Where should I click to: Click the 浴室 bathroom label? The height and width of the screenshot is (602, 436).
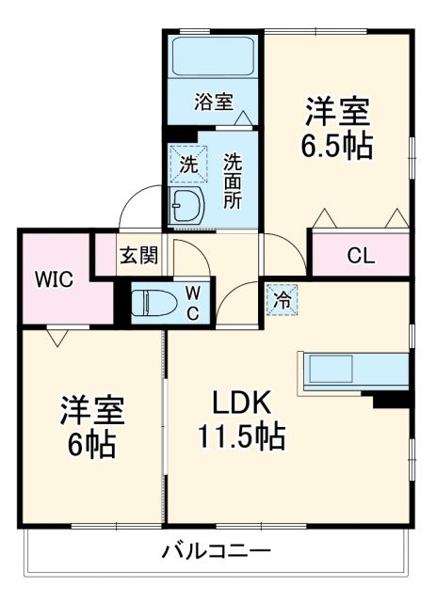click(214, 102)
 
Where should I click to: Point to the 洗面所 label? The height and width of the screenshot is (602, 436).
click(233, 180)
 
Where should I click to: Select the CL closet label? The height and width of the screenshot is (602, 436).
click(359, 254)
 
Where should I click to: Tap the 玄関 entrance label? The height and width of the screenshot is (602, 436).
click(137, 255)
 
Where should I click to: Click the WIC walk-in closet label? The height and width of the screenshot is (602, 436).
click(52, 278)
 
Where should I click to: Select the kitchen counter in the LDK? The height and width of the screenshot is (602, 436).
click(353, 370)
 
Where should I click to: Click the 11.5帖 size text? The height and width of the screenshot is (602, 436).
click(241, 436)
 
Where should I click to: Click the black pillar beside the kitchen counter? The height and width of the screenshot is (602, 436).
click(392, 400)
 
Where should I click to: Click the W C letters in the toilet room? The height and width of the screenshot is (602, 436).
click(192, 303)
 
